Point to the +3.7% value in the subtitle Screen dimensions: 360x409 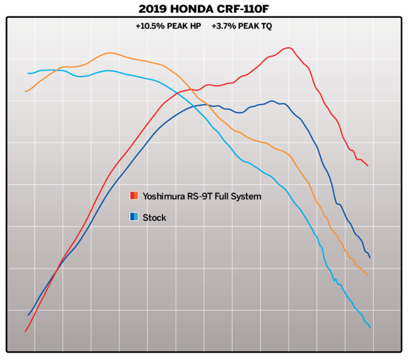coord(223,26)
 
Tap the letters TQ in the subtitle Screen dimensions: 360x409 coord(266,26)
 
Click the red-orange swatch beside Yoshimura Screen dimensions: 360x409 coord(134,195)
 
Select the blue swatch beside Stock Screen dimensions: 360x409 coord(134,217)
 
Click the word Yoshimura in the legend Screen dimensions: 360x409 coord(163,196)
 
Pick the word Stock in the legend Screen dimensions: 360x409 coord(154,218)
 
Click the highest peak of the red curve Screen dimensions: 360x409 coord(289,48)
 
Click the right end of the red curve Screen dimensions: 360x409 coord(368,166)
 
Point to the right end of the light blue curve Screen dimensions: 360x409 coord(370,327)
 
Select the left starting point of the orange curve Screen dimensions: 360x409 coord(25,91)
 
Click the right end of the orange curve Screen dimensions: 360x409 coord(368,276)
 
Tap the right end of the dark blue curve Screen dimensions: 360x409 coord(370,258)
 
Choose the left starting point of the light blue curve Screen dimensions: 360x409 coord(28,73)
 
